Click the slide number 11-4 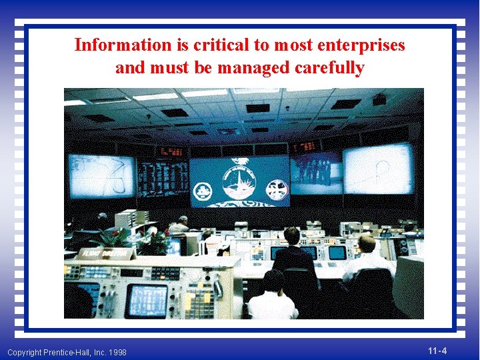click(x=437, y=351)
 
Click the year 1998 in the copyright click(x=116, y=352)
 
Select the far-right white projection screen click(x=377, y=169)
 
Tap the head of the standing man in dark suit click(x=291, y=235)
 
